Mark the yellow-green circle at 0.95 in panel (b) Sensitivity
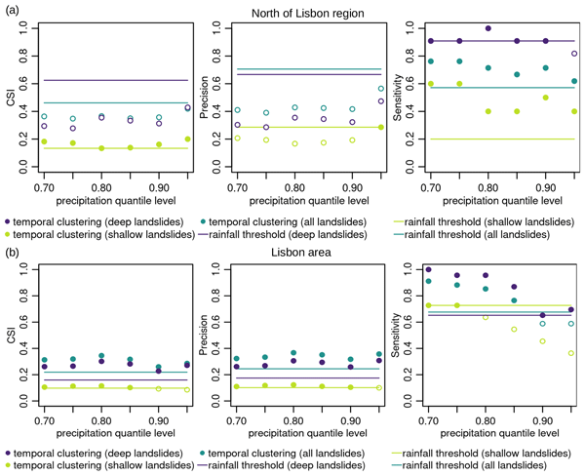point(572,353)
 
